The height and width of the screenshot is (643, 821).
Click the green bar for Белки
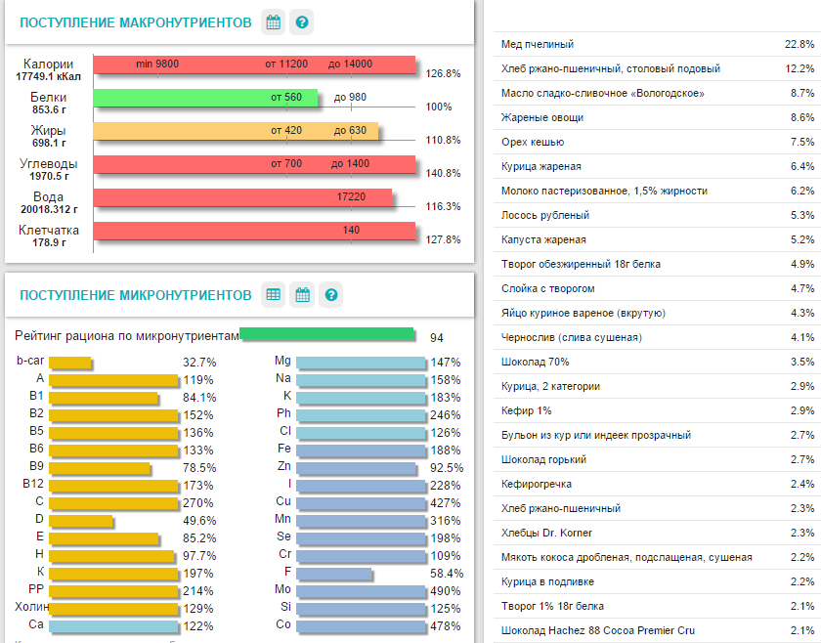pyautogui.click(x=205, y=98)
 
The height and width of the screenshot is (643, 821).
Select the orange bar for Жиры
pyautogui.click(x=235, y=131)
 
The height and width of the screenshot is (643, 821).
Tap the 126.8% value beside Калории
pyautogui.click(x=444, y=73)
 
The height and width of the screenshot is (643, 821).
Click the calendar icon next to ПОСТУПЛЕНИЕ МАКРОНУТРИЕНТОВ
pyautogui.click(x=274, y=22)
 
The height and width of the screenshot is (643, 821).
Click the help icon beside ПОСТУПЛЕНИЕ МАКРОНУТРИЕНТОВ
pyautogui.click(x=303, y=22)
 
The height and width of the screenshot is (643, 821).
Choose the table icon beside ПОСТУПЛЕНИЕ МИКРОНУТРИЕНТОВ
pyautogui.click(x=274, y=294)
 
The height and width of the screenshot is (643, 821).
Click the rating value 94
pyautogui.click(x=437, y=338)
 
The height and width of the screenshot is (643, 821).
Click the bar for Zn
pyautogui.click(x=359, y=468)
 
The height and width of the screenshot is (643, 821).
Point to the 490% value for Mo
pyautogui.click(x=446, y=591)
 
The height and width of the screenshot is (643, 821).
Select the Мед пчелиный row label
pyautogui.click(x=537, y=45)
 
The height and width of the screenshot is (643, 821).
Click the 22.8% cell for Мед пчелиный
pyautogui.click(x=799, y=45)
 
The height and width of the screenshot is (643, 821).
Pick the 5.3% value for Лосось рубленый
pyautogui.click(x=801, y=216)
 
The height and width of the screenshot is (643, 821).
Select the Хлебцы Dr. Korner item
pyautogui.click(x=546, y=534)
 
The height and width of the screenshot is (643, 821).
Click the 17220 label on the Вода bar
pyautogui.click(x=351, y=197)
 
